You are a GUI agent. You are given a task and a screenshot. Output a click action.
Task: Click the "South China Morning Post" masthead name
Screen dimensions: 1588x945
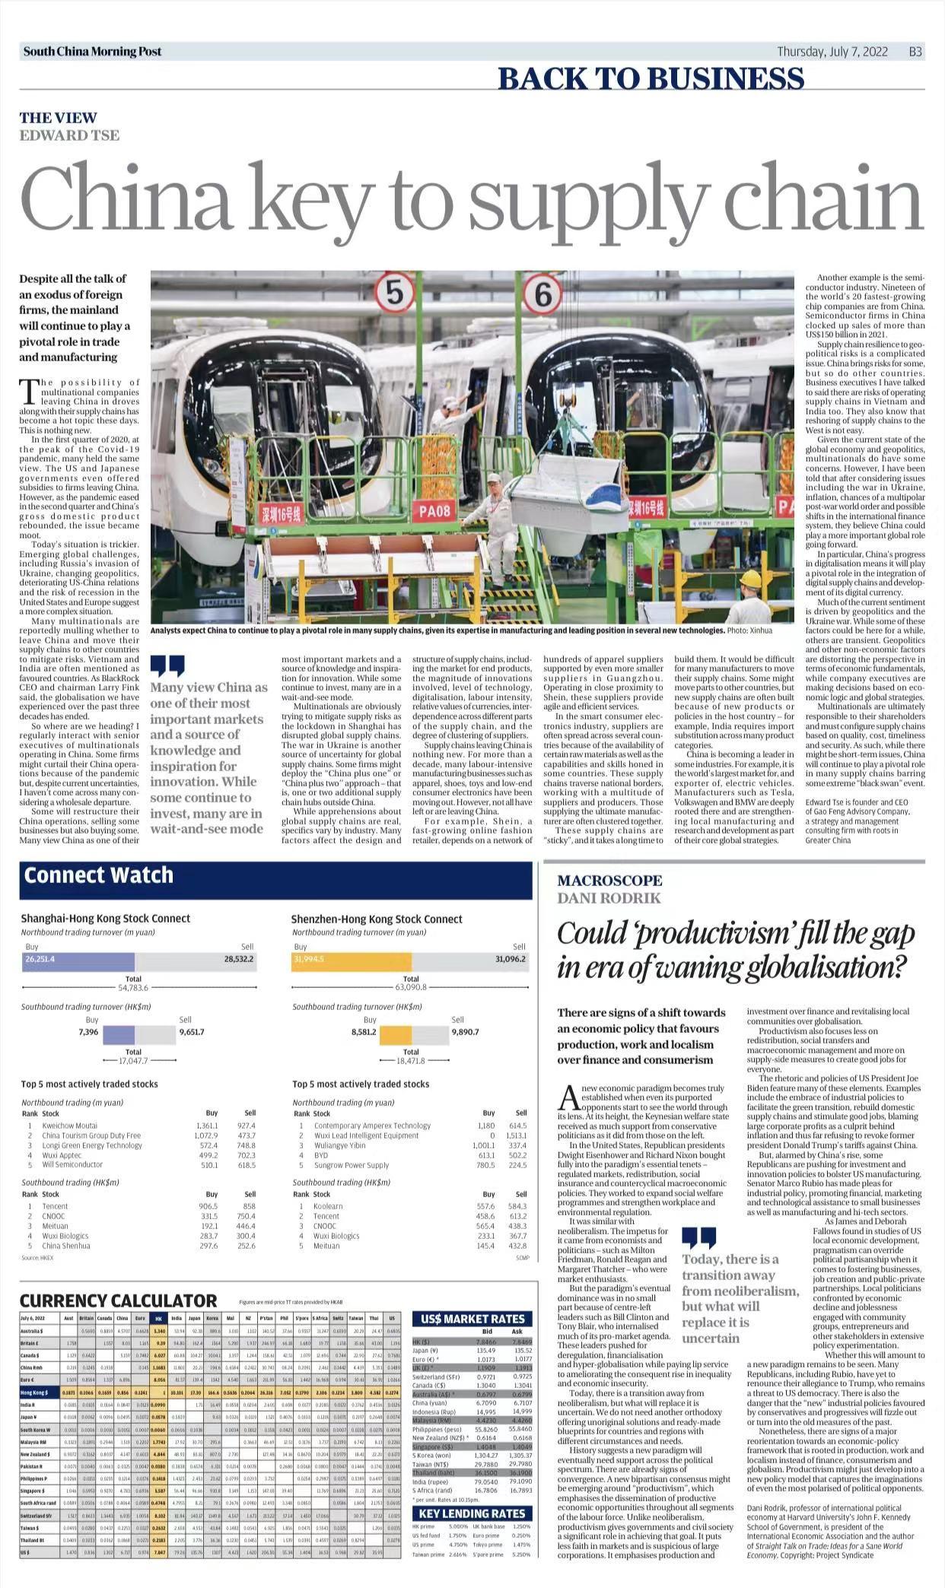(x=92, y=52)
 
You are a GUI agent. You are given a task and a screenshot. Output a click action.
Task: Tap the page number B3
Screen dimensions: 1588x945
(x=915, y=52)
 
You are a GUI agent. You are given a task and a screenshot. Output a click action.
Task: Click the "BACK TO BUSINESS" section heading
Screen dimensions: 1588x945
(x=651, y=78)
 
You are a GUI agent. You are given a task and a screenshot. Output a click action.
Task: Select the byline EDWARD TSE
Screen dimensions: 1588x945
(x=69, y=135)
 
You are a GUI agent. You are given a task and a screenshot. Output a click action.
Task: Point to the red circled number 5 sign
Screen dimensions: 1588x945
(x=394, y=294)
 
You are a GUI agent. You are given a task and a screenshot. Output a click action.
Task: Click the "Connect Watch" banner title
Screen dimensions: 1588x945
(x=98, y=875)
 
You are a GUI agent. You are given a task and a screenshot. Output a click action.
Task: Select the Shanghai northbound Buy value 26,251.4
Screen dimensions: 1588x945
(x=40, y=959)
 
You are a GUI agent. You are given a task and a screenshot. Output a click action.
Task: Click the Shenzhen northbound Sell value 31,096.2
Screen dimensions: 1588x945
(x=510, y=959)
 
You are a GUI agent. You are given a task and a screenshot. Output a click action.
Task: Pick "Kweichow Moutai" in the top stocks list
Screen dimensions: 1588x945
(x=69, y=1125)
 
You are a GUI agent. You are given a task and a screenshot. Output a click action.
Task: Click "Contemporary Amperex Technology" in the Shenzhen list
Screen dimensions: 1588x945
(x=372, y=1125)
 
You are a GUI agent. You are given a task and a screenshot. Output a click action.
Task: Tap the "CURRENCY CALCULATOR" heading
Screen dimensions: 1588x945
(x=118, y=1300)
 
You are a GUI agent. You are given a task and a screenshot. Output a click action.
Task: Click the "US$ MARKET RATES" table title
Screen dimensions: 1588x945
(x=472, y=1318)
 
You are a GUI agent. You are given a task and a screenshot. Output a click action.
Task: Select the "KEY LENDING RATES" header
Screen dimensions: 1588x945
(x=472, y=1513)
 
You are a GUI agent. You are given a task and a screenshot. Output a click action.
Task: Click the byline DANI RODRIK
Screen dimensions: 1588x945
(x=609, y=897)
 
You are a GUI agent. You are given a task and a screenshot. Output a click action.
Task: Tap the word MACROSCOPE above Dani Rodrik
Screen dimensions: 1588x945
(x=609, y=880)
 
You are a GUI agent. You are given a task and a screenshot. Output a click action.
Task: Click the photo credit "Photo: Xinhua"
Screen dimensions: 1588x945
(x=749, y=630)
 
